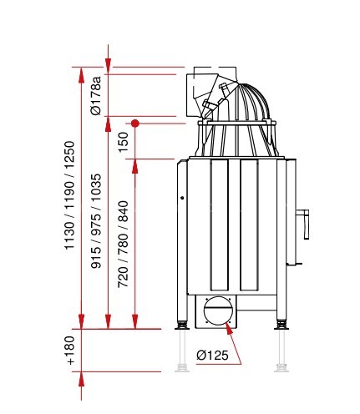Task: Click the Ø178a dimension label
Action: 95,95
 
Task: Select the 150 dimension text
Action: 123,142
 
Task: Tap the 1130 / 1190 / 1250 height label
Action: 69,195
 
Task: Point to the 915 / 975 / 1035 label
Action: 96,221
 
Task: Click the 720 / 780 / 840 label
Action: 123,244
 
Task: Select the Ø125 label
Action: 212,355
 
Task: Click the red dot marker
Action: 135,124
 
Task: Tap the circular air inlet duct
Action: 218,310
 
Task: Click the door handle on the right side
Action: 304,224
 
